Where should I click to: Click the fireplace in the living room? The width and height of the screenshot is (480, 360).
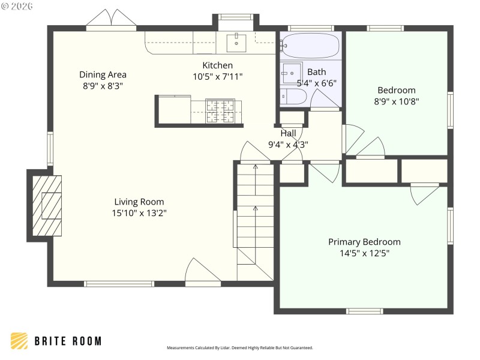[46, 205]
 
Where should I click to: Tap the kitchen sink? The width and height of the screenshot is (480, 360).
[237, 42]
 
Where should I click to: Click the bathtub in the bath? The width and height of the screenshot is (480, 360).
[310, 45]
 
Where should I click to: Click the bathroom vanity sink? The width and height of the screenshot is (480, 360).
[292, 73]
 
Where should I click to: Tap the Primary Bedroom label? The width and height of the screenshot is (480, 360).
[364, 242]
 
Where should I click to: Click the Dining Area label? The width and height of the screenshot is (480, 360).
[103, 74]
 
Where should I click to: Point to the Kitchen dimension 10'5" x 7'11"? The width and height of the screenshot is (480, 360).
[217, 76]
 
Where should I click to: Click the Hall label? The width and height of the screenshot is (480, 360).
[288, 133]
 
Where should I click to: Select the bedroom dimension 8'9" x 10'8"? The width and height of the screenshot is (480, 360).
[396, 101]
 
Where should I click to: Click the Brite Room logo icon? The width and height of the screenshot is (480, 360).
[19, 341]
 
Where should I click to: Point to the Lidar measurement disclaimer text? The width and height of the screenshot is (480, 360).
[239, 347]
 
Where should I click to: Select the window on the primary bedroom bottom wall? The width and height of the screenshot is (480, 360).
[364, 311]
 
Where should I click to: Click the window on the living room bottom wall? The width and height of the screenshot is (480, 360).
[119, 284]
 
